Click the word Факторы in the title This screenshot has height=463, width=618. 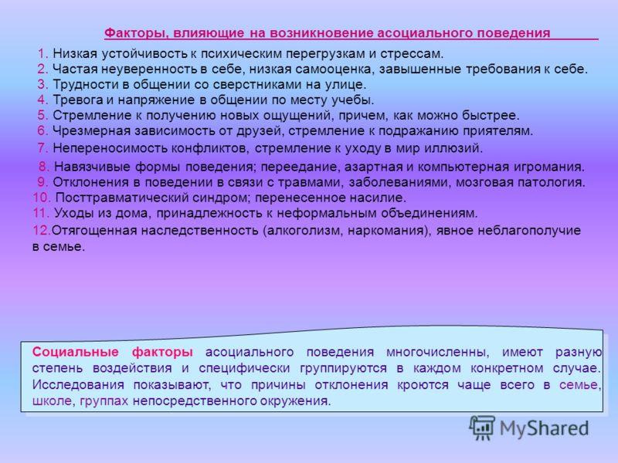coord(134,33)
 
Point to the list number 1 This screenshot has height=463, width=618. coord(42,53)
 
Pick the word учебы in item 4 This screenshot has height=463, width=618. coord(352,100)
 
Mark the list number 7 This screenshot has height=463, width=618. coord(42,148)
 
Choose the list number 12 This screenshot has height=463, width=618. coord(42,230)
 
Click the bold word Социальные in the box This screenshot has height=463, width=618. coord(75,352)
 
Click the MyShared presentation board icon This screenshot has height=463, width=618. coord(481,428)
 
